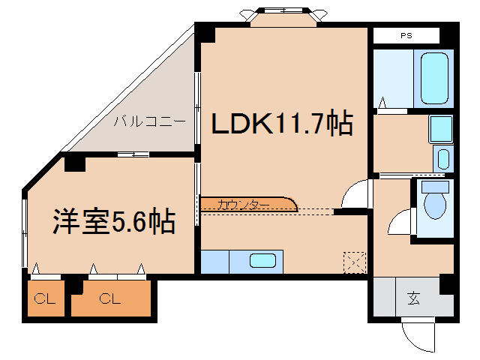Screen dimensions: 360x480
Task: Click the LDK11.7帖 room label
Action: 281,124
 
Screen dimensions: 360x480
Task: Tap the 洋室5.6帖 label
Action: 113,221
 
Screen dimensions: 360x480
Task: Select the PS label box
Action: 406,35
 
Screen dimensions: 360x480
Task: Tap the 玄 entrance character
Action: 413,298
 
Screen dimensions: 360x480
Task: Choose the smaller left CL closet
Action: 45,299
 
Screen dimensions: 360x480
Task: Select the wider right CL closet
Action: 110,299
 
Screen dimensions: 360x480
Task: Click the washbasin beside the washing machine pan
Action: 442,159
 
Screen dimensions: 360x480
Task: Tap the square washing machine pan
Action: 440,128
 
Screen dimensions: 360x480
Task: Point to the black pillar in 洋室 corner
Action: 73,163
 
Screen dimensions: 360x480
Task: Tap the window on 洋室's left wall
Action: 25,228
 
